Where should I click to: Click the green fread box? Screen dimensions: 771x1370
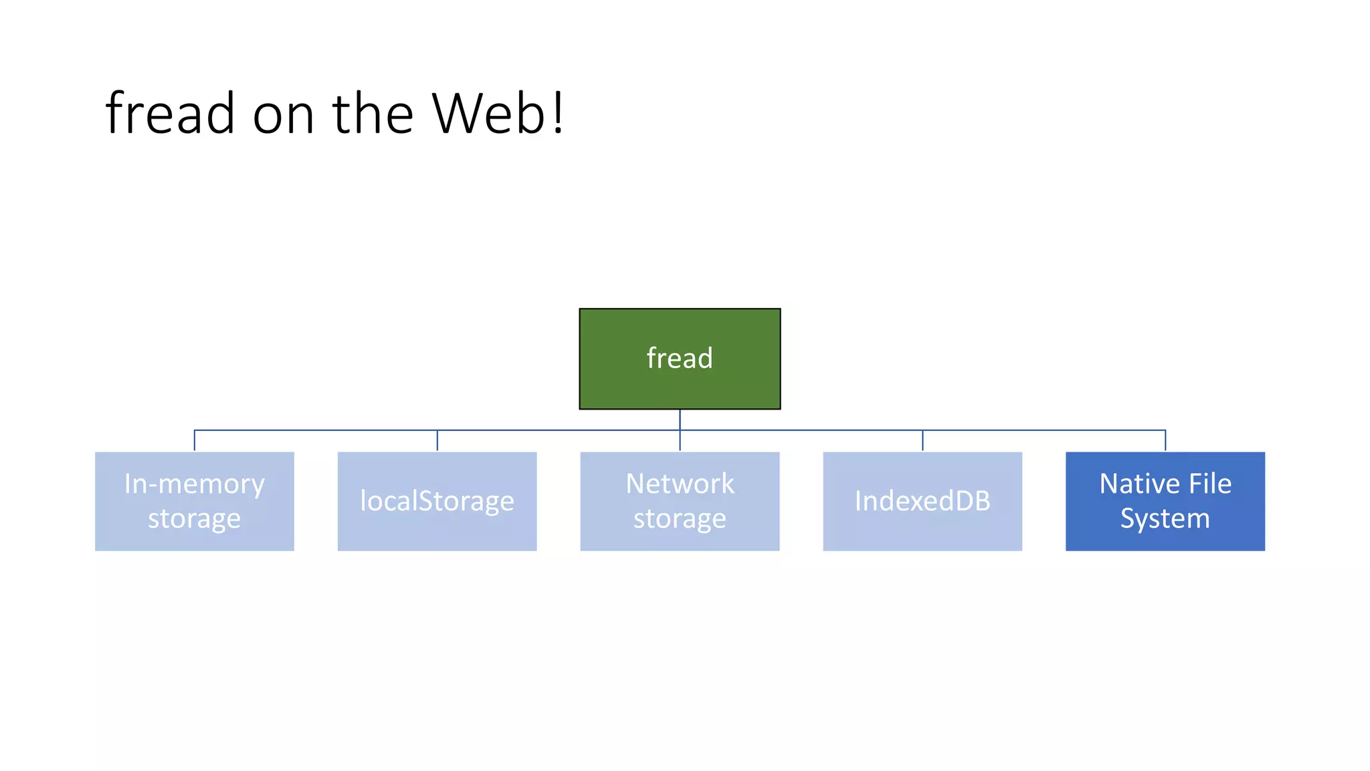680,359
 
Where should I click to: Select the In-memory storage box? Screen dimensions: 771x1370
194,501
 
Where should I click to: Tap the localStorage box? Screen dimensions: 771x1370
437,501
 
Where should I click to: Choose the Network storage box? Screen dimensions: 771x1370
680,501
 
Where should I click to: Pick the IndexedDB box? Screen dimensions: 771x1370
922,501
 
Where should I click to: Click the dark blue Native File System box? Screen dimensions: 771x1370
1165,501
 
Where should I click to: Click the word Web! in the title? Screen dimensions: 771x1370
498,114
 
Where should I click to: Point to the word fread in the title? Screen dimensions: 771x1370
170,114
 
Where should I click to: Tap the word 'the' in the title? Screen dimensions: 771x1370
373,114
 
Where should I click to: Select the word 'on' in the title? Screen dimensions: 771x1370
283,115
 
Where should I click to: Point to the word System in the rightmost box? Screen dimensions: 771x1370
1165,519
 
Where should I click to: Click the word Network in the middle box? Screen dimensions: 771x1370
680,484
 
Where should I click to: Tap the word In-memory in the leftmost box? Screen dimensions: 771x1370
194,485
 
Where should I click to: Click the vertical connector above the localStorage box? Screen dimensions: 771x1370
437,440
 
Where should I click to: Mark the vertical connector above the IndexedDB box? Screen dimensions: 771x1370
922,440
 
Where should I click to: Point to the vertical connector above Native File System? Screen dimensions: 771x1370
1165,440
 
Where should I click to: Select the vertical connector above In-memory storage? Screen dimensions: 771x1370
195,440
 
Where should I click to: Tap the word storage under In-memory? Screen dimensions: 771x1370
194,519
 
